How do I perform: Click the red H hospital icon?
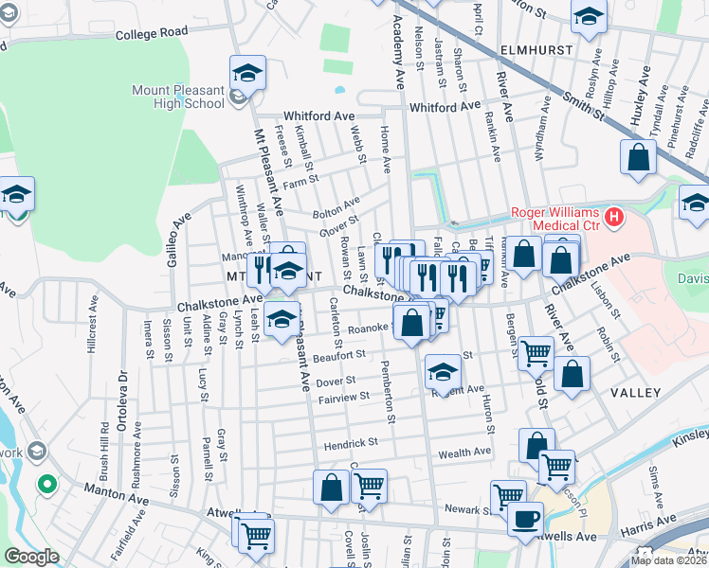click(x=614, y=219)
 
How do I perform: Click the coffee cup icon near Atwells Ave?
click(x=525, y=518)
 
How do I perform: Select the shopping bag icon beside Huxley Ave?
click(x=638, y=158)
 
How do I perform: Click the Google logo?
click(x=30, y=556)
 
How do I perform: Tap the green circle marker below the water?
click(x=45, y=486)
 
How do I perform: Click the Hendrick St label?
click(x=351, y=442)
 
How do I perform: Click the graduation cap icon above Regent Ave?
click(x=442, y=372)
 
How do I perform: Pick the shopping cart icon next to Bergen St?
click(x=536, y=353)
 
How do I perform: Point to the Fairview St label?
click(x=343, y=399)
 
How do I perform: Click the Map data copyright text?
click(x=667, y=560)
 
